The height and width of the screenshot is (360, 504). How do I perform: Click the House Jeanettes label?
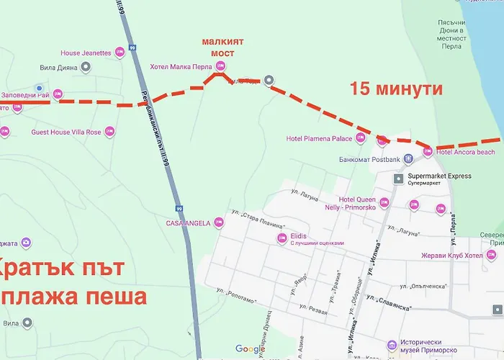tap(86, 53)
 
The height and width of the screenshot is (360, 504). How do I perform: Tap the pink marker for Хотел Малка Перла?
tap(220, 67)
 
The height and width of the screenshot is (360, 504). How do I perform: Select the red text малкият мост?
tap(222, 48)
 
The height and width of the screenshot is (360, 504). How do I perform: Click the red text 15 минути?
tap(395, 89)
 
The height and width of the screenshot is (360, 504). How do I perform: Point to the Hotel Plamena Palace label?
tap(319, 138)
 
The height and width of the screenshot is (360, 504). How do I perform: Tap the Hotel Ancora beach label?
tap(465, 152)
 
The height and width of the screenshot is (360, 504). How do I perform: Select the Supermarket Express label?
tap(439, 176)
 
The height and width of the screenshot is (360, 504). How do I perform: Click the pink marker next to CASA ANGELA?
tap(220, 223)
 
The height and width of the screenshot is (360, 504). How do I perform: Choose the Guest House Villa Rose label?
tap(66, 132)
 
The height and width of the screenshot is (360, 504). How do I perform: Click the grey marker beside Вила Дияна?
tap(86, 68)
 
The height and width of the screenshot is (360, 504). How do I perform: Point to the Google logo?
tap(250, 349)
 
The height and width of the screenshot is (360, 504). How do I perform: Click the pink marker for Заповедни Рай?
tap(58, 94)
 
